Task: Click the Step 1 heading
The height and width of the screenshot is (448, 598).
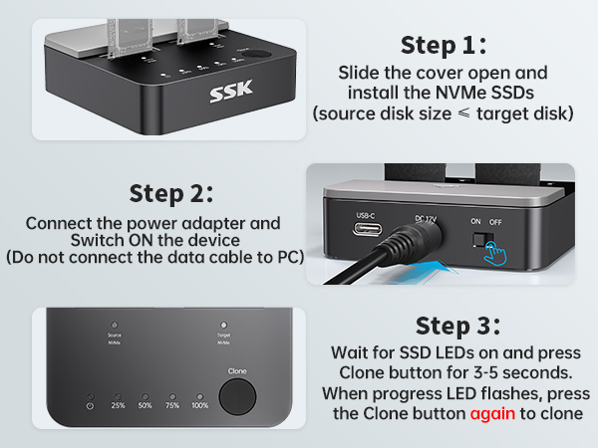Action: (x=443, y=46)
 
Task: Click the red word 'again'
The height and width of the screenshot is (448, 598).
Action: (x=493, y=412)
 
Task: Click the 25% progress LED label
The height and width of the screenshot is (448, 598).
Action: (x=119, y=405)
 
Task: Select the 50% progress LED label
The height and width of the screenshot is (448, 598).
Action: (x=145, y=405)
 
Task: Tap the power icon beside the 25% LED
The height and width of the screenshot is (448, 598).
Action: (x=91, y=405)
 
